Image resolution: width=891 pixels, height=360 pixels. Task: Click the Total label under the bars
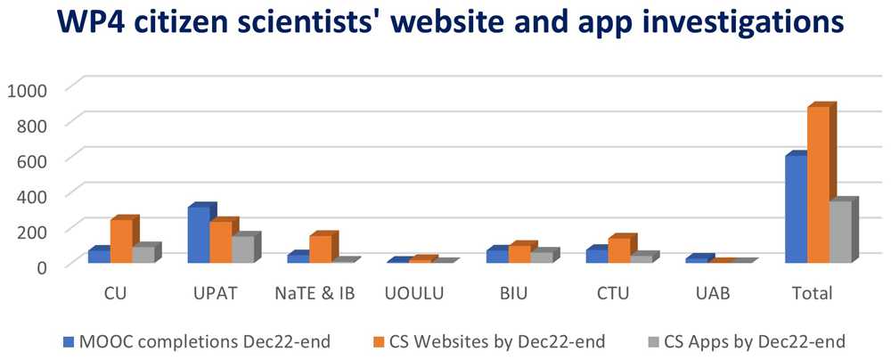tap(812, 294)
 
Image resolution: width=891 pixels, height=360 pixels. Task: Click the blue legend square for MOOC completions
tap(69, 341)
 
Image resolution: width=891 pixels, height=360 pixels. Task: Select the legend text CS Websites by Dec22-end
tap(497, 341)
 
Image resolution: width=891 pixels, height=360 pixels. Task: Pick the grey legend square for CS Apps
tap(652, 341)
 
